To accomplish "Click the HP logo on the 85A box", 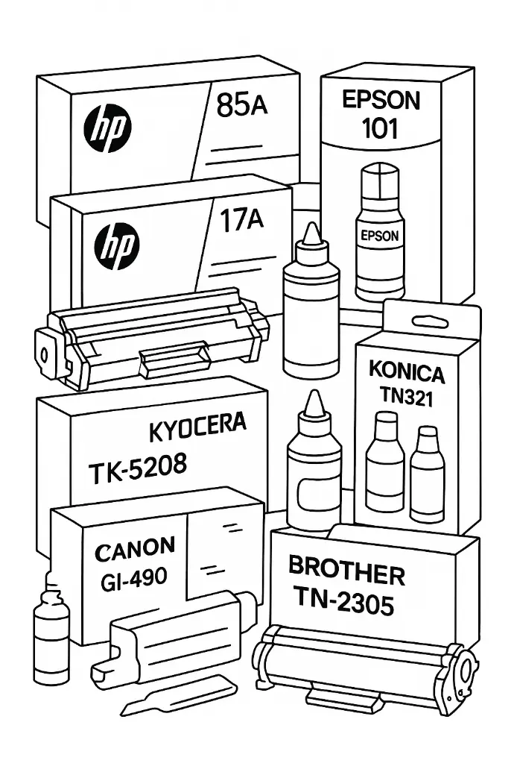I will pyautogui.click(x=109, y=126).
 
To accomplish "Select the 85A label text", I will pyautogui.click(x=241, y=106).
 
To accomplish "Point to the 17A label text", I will pyautogui.click(x=243, y=221).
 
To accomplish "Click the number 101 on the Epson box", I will pyautogui.click(x=380, y=128).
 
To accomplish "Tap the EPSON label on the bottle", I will pyautogui.click(x=379, y=236).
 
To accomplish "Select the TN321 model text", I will pyautogui.click(x=407, y=397).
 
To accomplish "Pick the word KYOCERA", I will pyautogui.click(x=197, y=428).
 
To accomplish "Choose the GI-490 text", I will pyautogui.click(x=133, y=578).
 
